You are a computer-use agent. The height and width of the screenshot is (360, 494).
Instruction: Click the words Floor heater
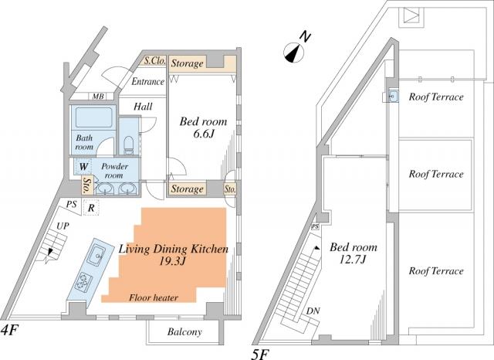click(154, 297)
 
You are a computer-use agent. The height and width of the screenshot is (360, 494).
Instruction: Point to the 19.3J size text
click(171, 263)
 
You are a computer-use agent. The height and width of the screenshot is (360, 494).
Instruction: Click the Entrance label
click(147, 81)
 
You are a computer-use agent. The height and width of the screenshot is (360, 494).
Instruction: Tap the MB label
click(98, 97)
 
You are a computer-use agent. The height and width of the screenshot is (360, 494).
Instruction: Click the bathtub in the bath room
click(93, 120)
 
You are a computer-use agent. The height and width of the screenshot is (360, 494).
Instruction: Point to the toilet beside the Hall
click(129, 144)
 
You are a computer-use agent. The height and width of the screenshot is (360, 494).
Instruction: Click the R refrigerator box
click(91, 208)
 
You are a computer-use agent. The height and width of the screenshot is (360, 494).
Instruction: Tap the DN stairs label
click(313, 311)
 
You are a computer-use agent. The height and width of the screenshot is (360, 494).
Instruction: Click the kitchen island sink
click(97, 256)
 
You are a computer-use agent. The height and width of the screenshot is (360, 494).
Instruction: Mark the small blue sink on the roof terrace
click(392, 97)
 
